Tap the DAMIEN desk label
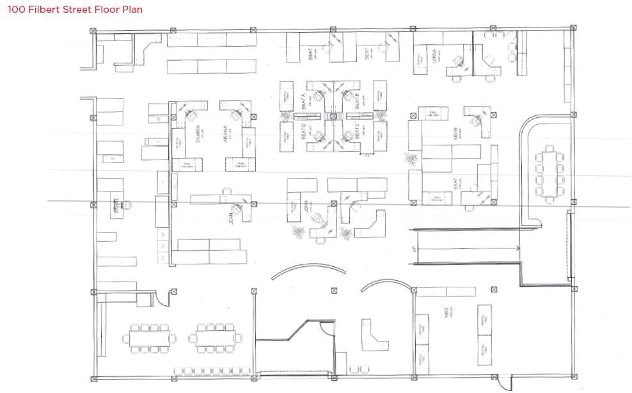coord(198,134)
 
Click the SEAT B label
coord(356,99)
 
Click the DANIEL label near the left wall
coord(116,205)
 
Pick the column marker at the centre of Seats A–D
coord(333,116)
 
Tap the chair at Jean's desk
coord(239,205)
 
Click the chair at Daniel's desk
coord(127,204)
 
